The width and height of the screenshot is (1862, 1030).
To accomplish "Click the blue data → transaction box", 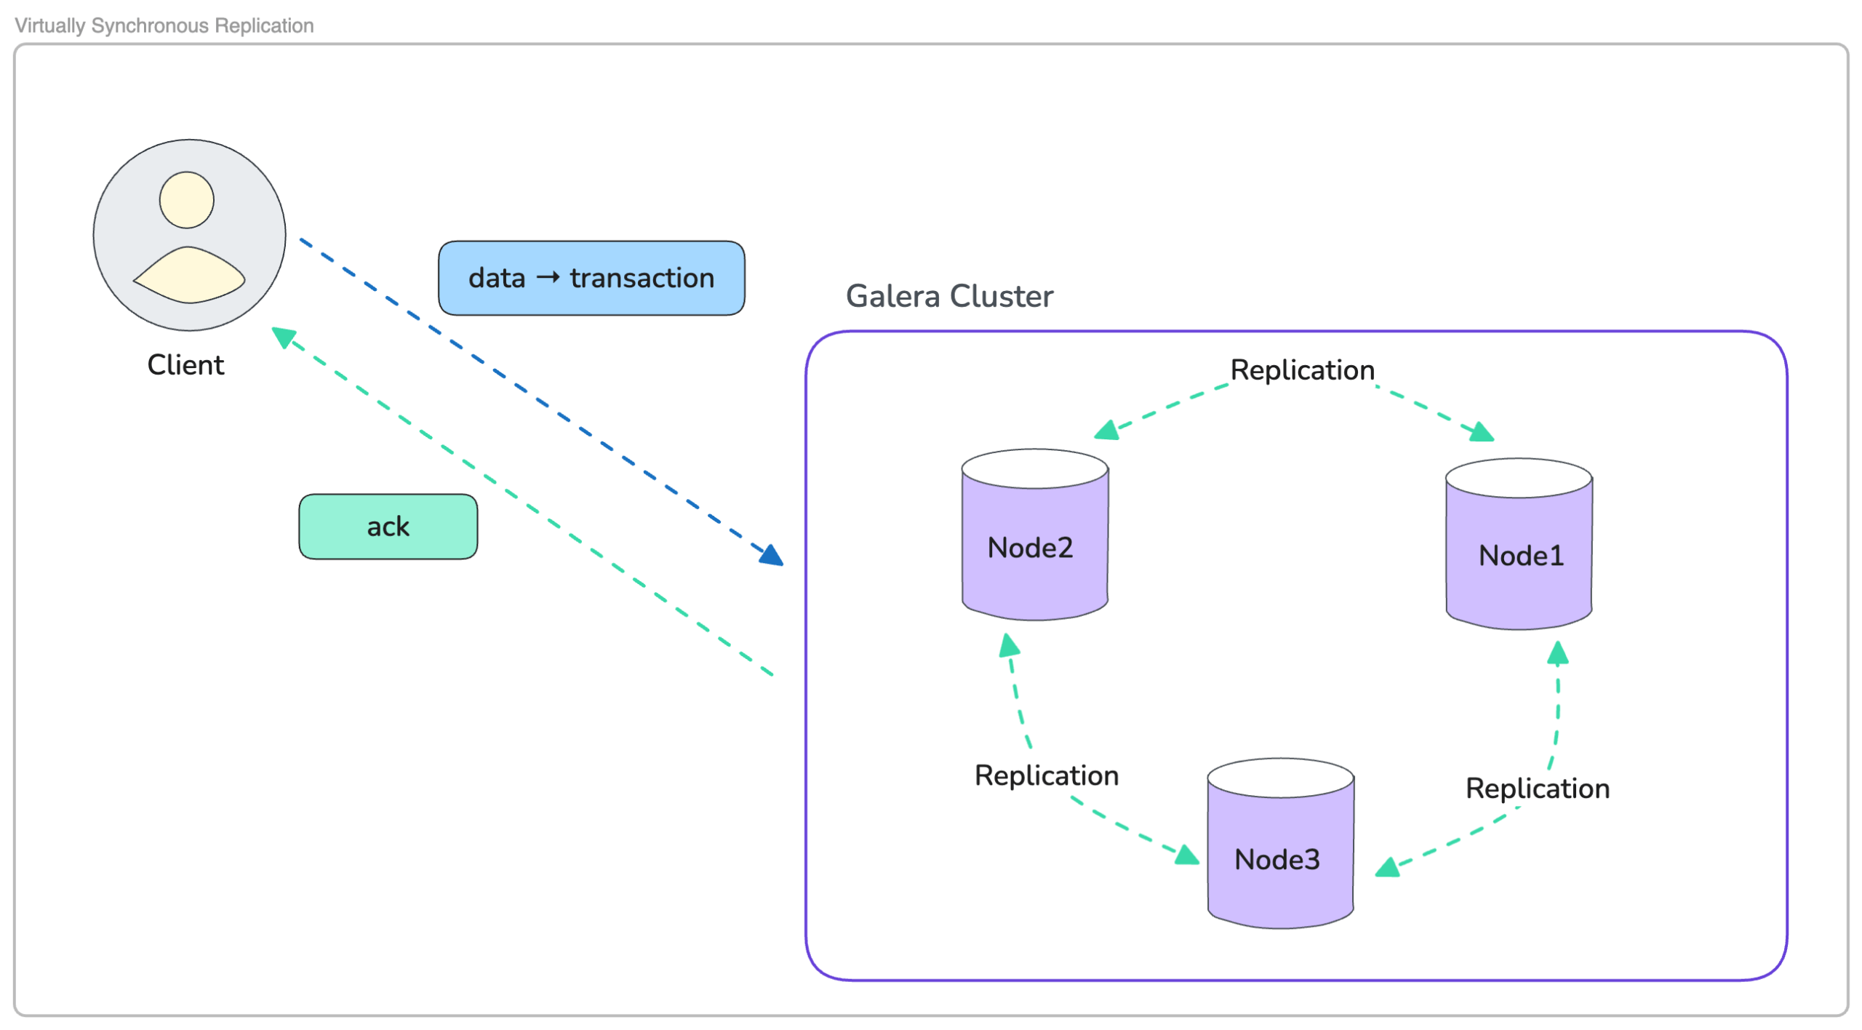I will click(591, 278).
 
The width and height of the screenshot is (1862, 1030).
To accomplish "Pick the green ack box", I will click(388, 527).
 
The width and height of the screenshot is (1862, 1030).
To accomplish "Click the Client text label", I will click(185, 365).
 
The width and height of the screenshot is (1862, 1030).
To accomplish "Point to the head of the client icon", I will click(187, 200).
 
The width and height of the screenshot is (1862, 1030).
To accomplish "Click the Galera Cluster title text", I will click(948, 296).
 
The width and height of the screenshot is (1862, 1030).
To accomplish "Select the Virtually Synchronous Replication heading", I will click(164, 25).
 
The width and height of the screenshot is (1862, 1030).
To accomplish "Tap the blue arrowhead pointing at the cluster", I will click(772, 556).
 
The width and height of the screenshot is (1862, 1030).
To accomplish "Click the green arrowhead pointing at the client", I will click(282, 337).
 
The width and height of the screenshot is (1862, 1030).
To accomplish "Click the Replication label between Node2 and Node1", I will click(1302, 370).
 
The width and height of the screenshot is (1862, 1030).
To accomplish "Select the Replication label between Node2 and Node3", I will click(1046, 775).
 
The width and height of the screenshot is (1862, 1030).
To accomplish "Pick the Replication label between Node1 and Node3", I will click(1537, 789).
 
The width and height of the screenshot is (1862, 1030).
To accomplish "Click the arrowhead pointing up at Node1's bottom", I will click(1557, 653).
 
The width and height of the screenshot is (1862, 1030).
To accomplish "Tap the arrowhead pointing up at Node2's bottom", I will click(1009, 645).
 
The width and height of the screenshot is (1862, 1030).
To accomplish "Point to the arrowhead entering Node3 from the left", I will click(1187, 855).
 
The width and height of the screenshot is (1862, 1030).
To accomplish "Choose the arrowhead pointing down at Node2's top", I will click(1106, 431).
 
